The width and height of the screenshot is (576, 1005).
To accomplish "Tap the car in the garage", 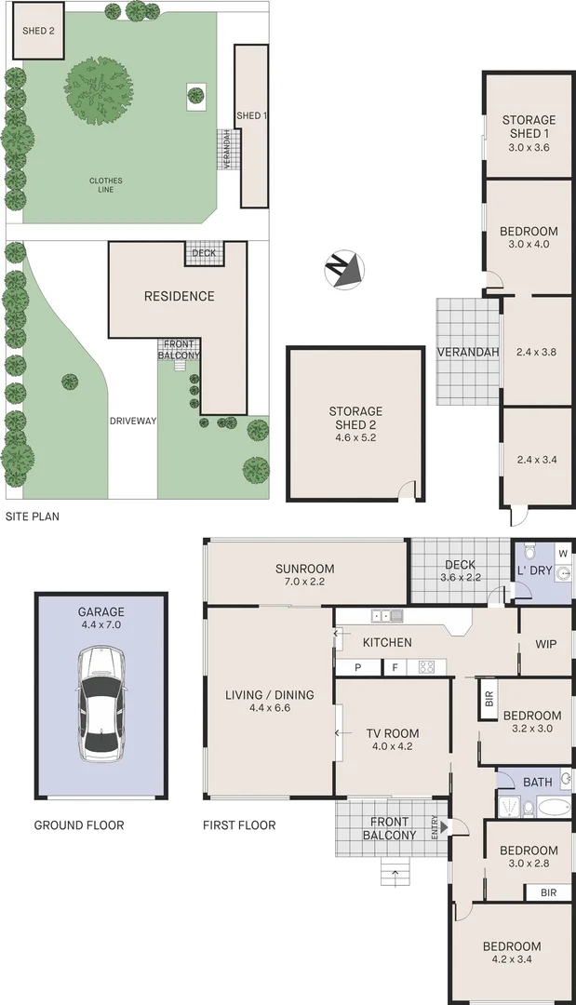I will tap(100, 703).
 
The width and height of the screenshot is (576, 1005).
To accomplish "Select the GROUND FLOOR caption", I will tap(79, 824).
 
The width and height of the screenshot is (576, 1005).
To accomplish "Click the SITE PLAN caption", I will tap(33, 516).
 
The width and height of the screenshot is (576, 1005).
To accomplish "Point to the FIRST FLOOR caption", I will tap(239, 824).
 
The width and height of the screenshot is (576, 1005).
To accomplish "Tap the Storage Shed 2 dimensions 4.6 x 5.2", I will tap(355, 425).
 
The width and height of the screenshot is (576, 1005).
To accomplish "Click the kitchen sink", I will tap(386, 616).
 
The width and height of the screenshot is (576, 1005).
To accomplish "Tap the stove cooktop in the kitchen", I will tap(428, 666).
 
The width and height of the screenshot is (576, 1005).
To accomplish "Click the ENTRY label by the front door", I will tap(434, 826).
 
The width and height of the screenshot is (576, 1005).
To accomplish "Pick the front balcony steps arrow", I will tap(395, 873).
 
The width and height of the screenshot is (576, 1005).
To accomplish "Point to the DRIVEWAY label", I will tap(131, 421).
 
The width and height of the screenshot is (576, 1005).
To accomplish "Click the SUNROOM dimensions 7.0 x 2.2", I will tap(304, 583).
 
